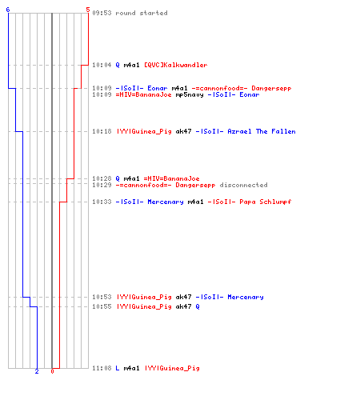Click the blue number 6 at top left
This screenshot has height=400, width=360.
click(x=8, y=10)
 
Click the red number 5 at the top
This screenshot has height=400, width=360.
click(x=88, y=10)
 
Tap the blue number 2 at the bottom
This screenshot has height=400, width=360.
click(x=37, y=371)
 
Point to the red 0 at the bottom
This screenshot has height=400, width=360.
click(x=52, y=371)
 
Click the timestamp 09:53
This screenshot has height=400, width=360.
click(x=102, y=13)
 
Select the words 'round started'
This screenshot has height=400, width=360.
click(x=142, y=13)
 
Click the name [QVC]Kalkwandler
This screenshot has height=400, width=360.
click(x=175, y=65)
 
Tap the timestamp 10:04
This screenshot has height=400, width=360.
click(x=102, y=65)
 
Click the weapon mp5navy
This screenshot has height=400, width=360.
click(x=190, y=95)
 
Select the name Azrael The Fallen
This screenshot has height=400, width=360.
click(x=262, y=131)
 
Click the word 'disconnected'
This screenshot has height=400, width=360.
click(x=243, y=185)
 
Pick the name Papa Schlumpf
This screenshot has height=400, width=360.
click(x=265, y=202)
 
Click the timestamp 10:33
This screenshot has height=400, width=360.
click(x=102, y=202)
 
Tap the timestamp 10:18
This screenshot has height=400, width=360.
click(x=102, y=131)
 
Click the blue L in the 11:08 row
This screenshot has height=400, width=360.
click(x=118, y=368)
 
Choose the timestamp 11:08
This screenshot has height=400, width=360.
click(x=102, y=368)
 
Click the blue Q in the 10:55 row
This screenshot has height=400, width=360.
click(x=198, y=306)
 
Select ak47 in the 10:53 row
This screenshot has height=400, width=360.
click(x=183, y=297)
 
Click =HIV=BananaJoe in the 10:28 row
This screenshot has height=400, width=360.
click(x=171, y=178)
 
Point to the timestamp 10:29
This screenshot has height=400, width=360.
click(x=102, y=185)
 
